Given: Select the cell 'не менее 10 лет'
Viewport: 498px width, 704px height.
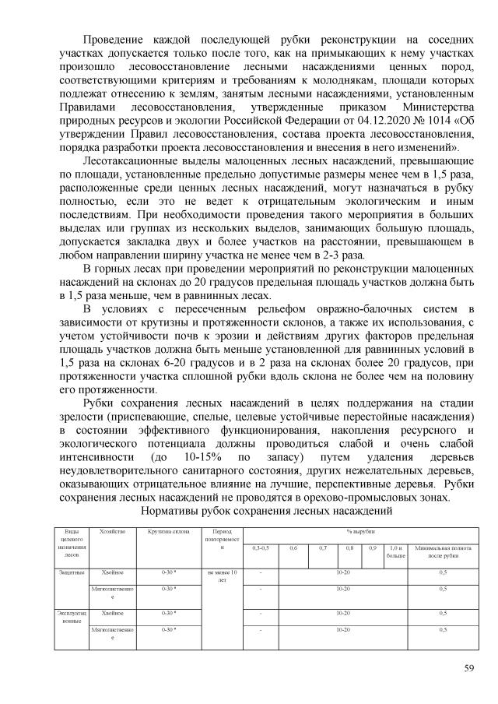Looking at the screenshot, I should (x=223, y=576).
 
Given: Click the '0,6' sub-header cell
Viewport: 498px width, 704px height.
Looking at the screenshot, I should (x=293, y=548).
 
